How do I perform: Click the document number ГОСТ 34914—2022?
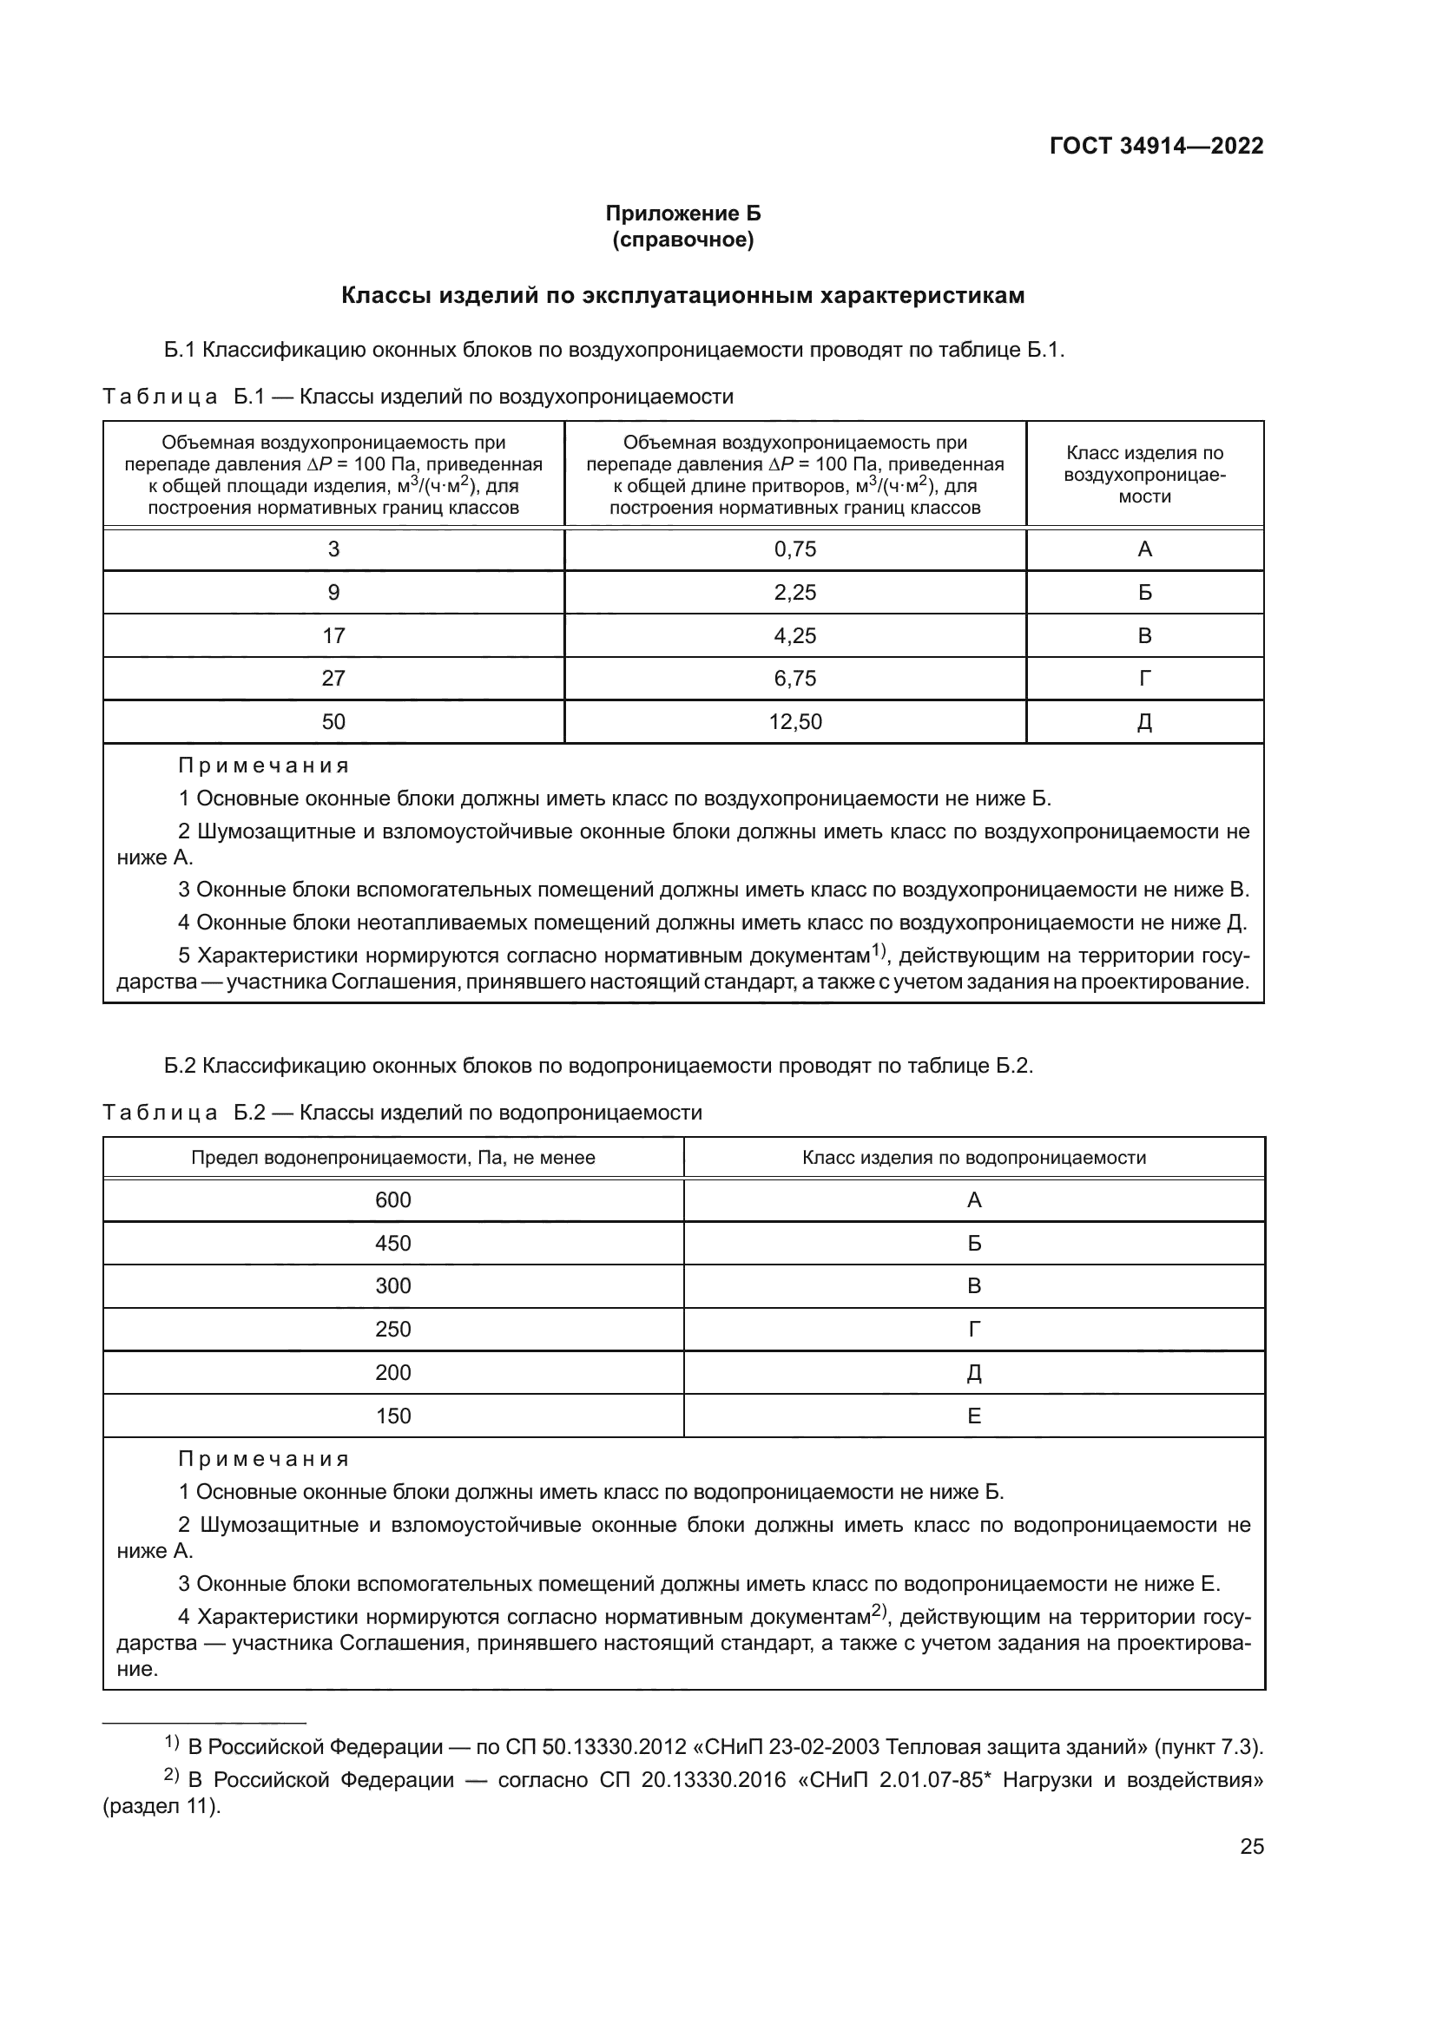click(1156, 146)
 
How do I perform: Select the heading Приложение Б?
click(682, 214)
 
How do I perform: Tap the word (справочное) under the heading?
click(682, 240)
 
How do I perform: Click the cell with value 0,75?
click(795, 549)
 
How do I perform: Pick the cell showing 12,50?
click(795, 721)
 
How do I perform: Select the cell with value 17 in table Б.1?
click(333, 635)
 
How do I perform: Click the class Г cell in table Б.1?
click(1144, 678)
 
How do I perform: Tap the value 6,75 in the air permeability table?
click(795, 678)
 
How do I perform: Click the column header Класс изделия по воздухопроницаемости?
click(1144, 475)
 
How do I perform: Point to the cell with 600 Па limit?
click(392, 1199)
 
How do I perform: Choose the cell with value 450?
click(392, 1243)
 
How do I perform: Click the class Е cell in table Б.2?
click(973, 1416)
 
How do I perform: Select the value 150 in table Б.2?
click(392, 1416)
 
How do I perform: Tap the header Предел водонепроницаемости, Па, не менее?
click(392, 1158)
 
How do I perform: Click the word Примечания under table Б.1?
click(264, 765)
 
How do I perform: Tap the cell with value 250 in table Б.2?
click(392, 1329)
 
